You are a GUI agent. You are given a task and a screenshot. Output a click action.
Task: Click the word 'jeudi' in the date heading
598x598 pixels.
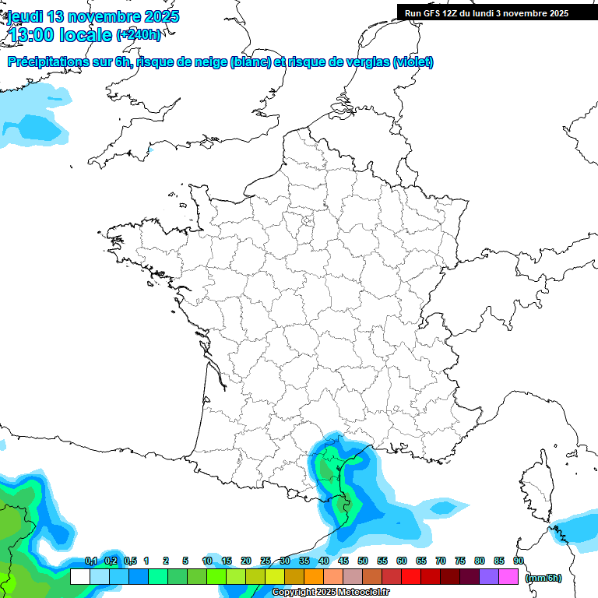(26, 16)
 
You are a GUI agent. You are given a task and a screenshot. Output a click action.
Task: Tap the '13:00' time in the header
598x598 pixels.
(32, 35)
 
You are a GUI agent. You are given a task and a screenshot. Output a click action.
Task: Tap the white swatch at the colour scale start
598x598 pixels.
(79, 577)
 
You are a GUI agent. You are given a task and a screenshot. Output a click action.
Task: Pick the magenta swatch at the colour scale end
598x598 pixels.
(508, 577)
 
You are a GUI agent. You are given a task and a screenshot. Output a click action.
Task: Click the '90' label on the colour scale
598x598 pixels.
(519, 561)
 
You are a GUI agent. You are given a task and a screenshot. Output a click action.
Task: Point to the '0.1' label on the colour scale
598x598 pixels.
(90, 561)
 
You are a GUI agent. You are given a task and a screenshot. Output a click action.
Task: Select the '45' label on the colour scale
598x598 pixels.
(343, 561)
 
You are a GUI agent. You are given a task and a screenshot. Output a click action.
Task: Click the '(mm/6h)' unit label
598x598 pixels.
(543, 578)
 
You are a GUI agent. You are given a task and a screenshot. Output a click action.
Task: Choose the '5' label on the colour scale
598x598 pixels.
(185, 561)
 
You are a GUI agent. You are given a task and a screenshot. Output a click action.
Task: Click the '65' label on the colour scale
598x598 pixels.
(421, 561)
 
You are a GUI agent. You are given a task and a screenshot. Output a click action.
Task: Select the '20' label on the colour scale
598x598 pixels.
(246, 561)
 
